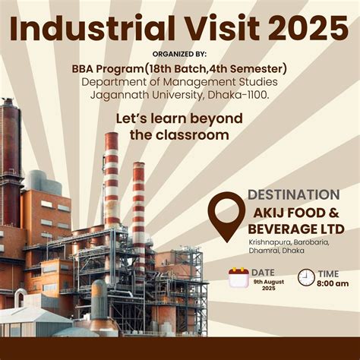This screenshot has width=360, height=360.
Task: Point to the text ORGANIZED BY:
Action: (x=179, y=55)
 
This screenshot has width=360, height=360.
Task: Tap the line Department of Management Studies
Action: (x=179, y=82)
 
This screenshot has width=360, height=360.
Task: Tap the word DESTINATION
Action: (x=293, y=195)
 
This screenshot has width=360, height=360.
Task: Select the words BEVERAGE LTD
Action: (x=296, y=229)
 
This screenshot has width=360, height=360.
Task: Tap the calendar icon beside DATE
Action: (x=238, y=276)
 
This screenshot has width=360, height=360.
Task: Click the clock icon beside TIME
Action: (x=306, y=276)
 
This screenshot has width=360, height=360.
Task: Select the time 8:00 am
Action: (x=333, y=283)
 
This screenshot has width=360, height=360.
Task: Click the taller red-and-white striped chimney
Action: (x=112, y=182)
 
